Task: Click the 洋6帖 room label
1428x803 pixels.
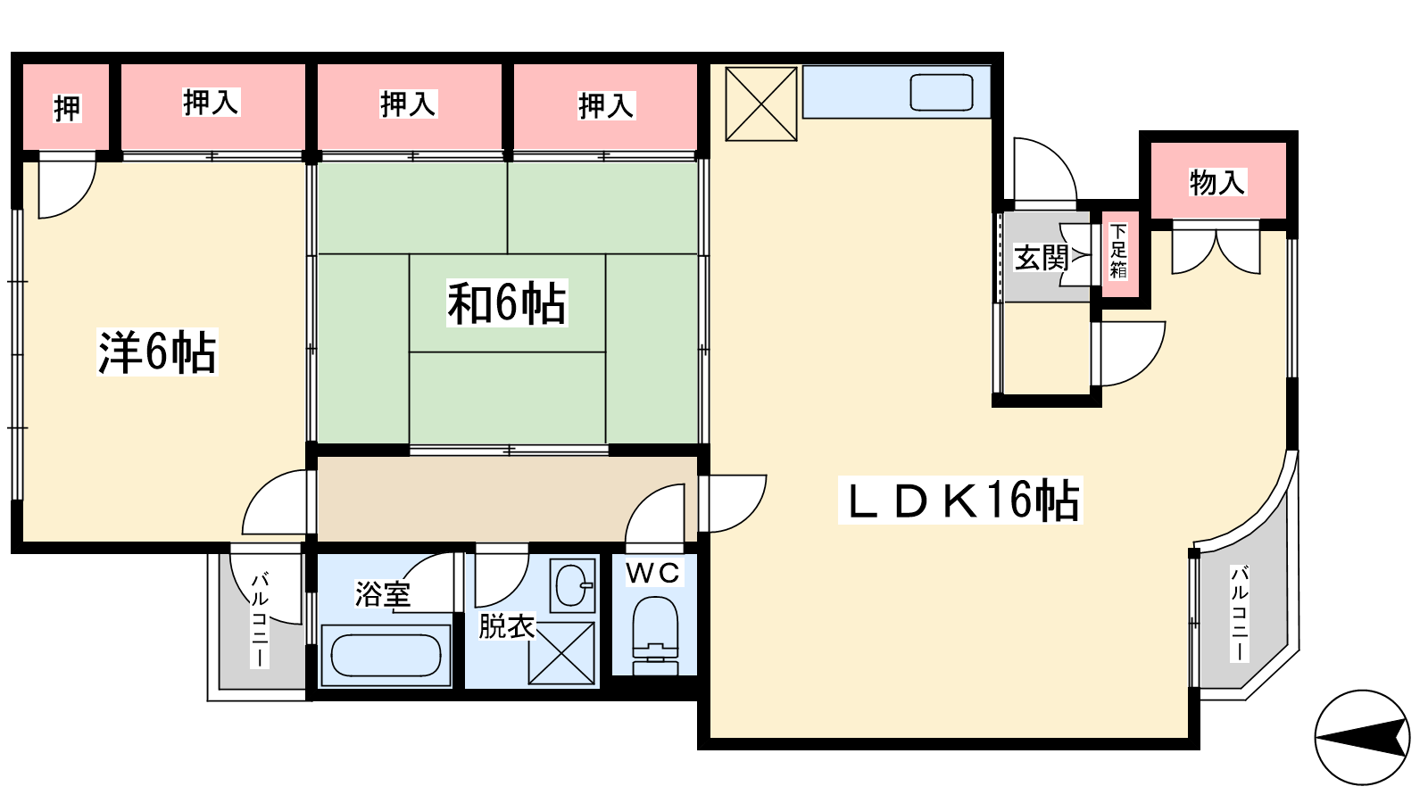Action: click(x=157, y=352)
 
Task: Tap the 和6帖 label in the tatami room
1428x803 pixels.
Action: click(x=507, y=303)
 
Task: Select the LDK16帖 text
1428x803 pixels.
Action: click(x=960, y=501)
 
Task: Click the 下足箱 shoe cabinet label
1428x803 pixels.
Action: click(x=1118, y=251)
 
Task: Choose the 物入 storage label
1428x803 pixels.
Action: click(x=1217, y=182)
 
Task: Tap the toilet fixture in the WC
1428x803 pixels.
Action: click(x=655, y=635)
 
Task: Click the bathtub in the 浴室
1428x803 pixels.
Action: click(x=386, y=655)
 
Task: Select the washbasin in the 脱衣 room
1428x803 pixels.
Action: click(x=572, y=585)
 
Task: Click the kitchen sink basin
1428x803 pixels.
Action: click(x=941, y=93)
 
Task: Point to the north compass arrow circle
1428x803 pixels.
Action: click(x=1362, y=737)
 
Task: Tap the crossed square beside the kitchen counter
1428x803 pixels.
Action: click(x=761, y=103)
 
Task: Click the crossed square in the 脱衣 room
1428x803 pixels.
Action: click(x=561, y=654)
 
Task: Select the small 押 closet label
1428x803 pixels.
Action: click(x=67, y=108)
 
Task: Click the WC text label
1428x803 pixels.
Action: click(x=652, y=573)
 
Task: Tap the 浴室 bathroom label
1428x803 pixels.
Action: click(x=383, y=594)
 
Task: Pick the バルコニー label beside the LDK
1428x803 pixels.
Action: click(x=1240, y=613)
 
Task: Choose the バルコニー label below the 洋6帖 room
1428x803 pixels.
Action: click(x=260, y=620)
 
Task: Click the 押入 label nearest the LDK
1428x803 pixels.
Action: click(x=606, y=106)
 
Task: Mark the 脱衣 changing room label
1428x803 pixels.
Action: click(x=507, y=626)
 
